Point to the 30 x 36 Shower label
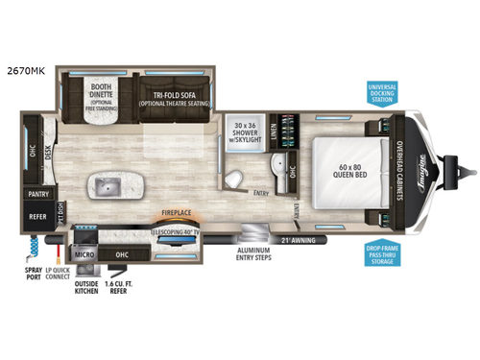[251, 131]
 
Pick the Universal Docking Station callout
[383, 95]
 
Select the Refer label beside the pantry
[36, 216]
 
